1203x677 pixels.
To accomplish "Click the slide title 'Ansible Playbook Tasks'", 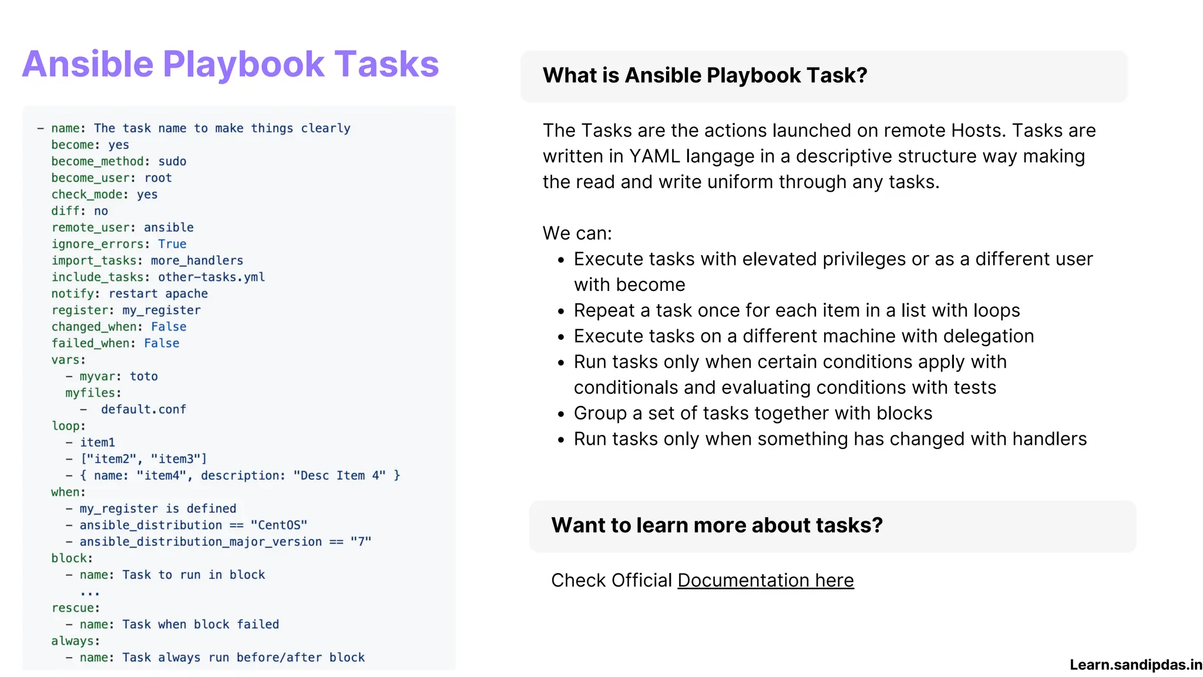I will tap(230, 64).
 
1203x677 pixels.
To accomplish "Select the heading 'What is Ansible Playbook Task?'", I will tap(704, 75).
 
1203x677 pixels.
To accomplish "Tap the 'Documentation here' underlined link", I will tap(765, 580).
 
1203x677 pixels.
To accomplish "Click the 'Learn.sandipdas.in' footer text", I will tap(1135, 665).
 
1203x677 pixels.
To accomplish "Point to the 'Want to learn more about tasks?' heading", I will tap(717, 525).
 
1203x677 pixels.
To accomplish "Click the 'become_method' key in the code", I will tap(97, 161).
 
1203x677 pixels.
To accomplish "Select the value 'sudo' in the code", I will tap(172, 161).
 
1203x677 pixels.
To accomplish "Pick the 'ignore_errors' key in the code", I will tap(97, 244).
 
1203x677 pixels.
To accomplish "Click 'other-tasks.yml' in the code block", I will tap(211, 277).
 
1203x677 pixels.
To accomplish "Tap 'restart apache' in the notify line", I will tap(158, 293).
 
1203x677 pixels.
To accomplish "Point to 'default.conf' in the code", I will tap(143, 409).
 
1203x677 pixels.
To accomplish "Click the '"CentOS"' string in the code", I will tap(279, 525).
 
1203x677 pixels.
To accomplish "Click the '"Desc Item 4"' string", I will tap(340, 475).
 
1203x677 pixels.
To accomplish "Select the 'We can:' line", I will tap(577, 233).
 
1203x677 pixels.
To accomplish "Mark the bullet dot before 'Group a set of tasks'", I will tap(561, 414).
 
